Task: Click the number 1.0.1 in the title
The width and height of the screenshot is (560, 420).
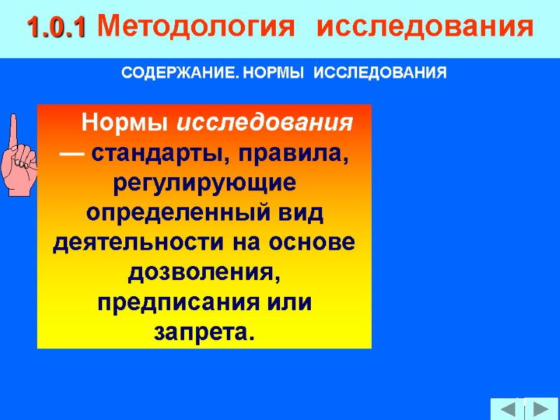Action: click(56, 28)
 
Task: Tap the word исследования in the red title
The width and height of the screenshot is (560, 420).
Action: click(425, 28)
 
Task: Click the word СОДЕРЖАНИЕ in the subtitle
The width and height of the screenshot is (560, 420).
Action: click(174, 73)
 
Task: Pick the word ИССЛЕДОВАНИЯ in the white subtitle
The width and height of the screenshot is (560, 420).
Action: click(379, 73)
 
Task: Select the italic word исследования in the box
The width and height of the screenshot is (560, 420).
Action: click(265, 124)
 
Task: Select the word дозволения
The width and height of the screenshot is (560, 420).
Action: click(204, 273)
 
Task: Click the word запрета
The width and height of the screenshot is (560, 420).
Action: click(203, 332)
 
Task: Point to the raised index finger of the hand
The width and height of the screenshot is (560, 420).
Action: click(13, 129)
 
